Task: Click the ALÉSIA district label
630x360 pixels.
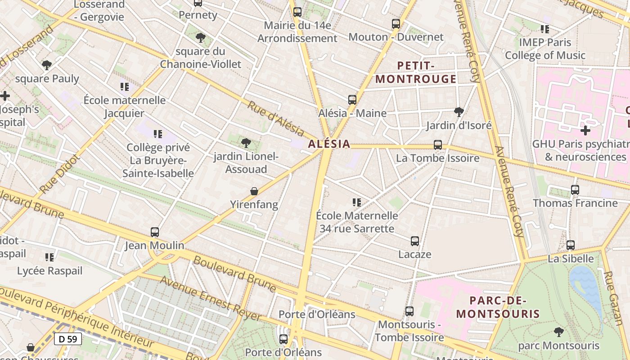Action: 329,144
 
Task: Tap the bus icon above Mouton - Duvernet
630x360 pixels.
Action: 396,24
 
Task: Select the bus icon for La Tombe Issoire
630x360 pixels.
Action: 438,145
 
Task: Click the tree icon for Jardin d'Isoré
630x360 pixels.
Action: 459,112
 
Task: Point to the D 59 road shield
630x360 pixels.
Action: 68,339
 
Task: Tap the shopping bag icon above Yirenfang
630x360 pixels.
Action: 254,191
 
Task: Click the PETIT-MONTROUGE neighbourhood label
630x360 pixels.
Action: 416,72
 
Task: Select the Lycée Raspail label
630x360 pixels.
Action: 49,271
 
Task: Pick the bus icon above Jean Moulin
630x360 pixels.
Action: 155,232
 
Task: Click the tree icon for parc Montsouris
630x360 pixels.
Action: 559,332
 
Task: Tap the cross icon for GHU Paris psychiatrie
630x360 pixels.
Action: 585,130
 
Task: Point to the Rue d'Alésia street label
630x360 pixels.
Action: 275,119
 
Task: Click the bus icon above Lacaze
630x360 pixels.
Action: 415,241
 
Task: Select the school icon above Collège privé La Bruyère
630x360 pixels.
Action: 157,134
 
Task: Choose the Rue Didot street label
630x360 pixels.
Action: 60,174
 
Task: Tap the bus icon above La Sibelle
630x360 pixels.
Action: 571,245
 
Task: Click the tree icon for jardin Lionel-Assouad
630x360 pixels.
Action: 246,143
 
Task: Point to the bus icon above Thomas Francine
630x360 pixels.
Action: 575,190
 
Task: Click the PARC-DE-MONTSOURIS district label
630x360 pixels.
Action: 498,307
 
